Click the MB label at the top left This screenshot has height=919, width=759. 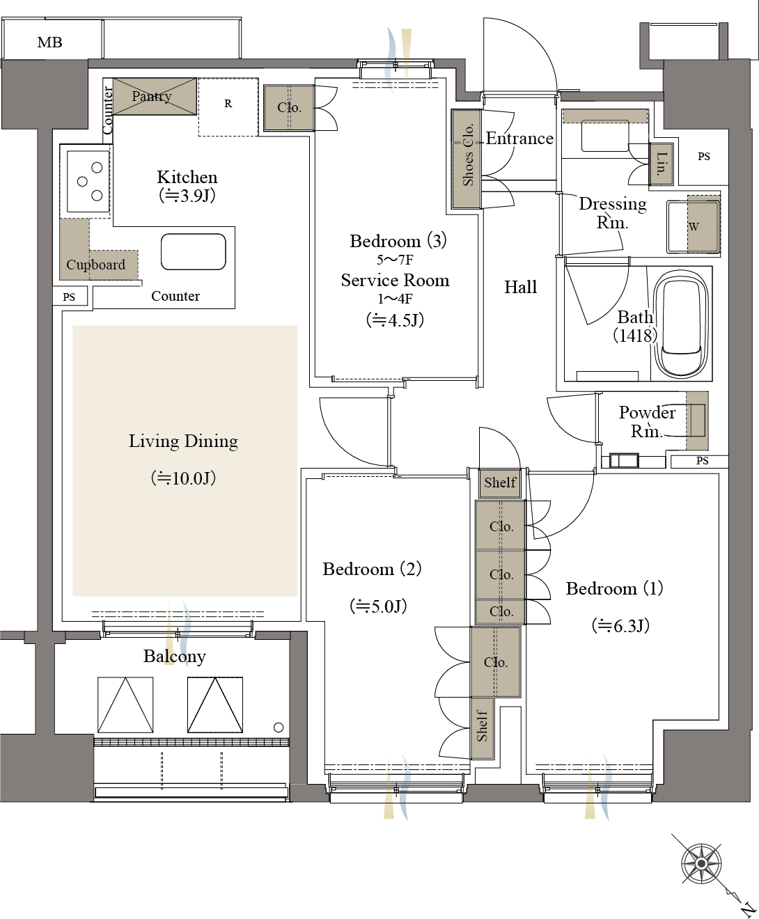point(49,42)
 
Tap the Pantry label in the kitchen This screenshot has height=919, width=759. point(151,96)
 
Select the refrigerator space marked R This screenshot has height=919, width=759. point(228,107)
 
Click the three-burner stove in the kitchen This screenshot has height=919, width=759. point(88,181)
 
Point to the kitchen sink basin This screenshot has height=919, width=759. point(194,251)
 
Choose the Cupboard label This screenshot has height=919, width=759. point(95,265)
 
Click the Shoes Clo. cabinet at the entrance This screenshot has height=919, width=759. point(467,159)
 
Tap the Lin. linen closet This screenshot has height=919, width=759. point(662,164)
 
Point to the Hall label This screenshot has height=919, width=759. point(520,287)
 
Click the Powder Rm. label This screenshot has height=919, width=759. point(647,421)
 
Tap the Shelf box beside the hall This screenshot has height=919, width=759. point(500,483)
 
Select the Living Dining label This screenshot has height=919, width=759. point(183,441)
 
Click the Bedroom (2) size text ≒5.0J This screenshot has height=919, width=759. point(378,606)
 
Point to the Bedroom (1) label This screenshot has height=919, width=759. point(615,588)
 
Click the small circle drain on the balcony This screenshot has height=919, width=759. point(279,727)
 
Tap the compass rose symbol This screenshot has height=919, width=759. point(701,863)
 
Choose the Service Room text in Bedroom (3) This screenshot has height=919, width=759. point(396,281)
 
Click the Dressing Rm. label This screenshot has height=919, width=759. point(612,212)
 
